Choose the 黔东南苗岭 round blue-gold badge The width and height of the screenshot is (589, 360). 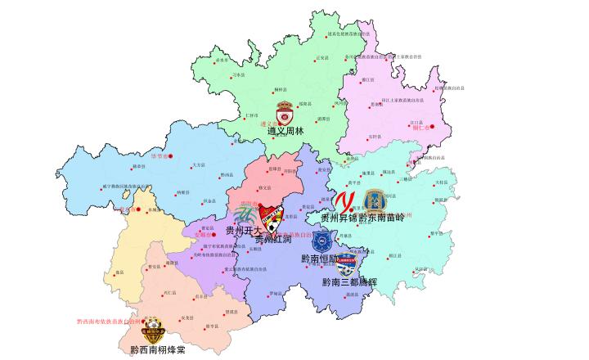coord(375,200)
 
